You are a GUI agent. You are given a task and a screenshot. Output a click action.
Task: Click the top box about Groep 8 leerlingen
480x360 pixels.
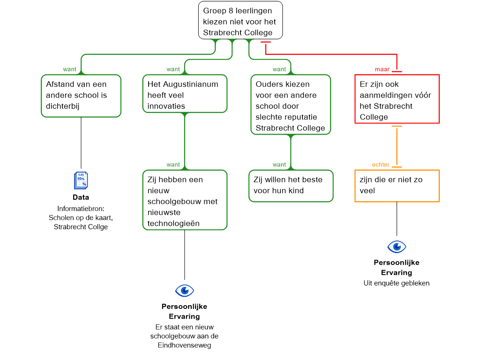(240, 20)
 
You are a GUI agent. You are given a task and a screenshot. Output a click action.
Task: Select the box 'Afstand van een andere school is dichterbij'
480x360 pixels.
(81, 96)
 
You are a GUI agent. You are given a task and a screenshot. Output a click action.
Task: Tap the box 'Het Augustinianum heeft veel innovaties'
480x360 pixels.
(185, 94)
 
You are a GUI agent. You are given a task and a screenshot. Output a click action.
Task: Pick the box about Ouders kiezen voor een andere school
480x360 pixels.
(291, 105)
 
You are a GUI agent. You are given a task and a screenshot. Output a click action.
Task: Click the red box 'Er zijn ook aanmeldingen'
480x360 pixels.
(397, 99)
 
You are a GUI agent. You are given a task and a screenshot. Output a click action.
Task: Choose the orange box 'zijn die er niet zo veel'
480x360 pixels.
(397, 186)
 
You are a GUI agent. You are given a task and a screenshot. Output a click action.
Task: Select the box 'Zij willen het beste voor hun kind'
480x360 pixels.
(291, 186)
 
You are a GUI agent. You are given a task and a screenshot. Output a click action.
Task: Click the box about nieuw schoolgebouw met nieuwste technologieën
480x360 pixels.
(185, 200)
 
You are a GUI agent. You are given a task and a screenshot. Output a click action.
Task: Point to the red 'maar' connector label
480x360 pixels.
(382, 69)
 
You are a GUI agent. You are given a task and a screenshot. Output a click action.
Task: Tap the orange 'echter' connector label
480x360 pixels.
(381, 165)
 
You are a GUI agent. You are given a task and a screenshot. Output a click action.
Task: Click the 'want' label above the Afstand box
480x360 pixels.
(69, 69)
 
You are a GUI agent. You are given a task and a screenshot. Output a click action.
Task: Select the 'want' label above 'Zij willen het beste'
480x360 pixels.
(279, 165)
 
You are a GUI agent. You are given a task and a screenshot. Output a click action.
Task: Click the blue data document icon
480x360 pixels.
(81, 180)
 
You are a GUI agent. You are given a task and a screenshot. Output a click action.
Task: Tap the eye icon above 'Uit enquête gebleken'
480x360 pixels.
(397, 247)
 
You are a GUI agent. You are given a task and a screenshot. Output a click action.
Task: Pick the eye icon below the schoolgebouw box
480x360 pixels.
(185, 291)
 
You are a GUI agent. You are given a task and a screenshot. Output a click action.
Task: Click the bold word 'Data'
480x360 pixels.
(81, 197)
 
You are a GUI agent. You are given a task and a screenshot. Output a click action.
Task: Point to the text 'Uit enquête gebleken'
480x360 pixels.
(397, 283)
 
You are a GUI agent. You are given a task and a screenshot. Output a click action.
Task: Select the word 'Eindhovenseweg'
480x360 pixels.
(184, 345)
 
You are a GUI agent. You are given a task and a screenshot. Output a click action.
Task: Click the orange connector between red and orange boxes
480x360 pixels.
(397, 147)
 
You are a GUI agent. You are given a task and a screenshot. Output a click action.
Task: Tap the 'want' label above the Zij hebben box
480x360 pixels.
(173, 165)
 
